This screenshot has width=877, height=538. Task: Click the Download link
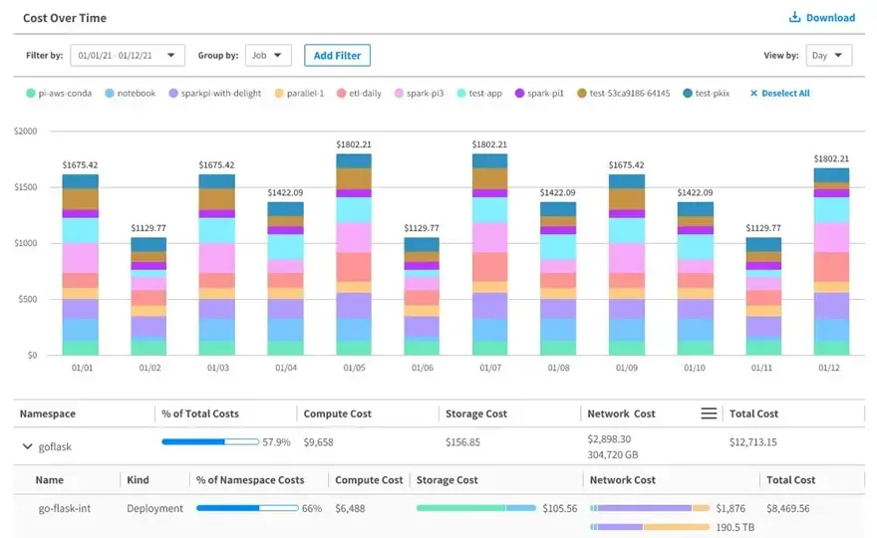tap(821, 17)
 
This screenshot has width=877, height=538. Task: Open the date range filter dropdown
tap(128, 56)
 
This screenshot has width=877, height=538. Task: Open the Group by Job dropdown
tap(268, 56)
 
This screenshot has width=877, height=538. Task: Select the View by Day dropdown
tap(828, 56)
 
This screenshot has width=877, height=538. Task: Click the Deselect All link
tap(779, 94)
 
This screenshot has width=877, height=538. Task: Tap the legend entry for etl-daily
tap(359, 94)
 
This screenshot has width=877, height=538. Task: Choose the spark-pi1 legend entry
tap(539, 94)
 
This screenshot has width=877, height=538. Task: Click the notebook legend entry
tap(131, 94)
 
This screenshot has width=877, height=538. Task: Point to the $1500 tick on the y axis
tap(26, 186)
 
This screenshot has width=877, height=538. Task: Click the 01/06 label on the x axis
tap(422, 368)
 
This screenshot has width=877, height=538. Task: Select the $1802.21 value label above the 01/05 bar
tap(354, 144)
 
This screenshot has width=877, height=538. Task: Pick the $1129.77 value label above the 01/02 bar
tap(148, 227)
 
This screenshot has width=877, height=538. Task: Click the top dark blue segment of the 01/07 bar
tap(490, 161)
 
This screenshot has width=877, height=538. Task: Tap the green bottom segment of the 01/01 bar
tap(80, 348)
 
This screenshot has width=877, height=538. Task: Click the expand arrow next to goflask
tap(27, 446)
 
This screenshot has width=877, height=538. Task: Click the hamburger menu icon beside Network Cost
tap(709, 413)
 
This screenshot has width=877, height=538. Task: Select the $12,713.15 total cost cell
tap(752, 441)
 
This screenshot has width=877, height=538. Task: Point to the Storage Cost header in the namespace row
tap(476, 413)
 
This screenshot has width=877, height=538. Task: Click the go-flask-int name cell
tap(65, 508)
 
